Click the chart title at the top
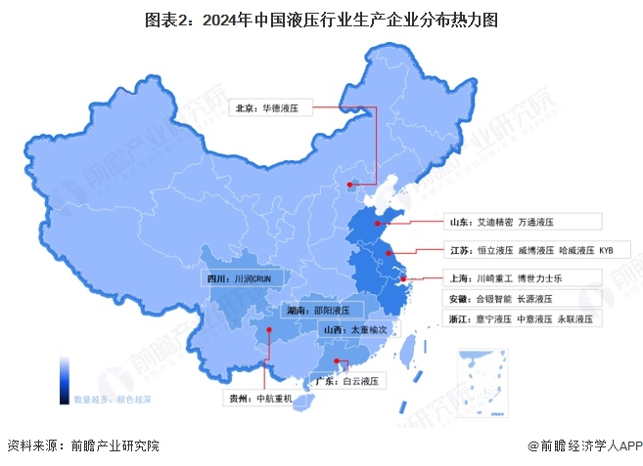click(x=321, y=19)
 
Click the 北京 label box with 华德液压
click(x=270, y=109)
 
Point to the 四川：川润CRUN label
click(x=244, y=277)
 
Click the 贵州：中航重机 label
click(x=260, y=399)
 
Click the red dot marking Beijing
click(x=350, y=182)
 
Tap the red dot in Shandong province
click(x=377, y=222)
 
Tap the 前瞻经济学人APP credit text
click(x=584, y=445)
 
